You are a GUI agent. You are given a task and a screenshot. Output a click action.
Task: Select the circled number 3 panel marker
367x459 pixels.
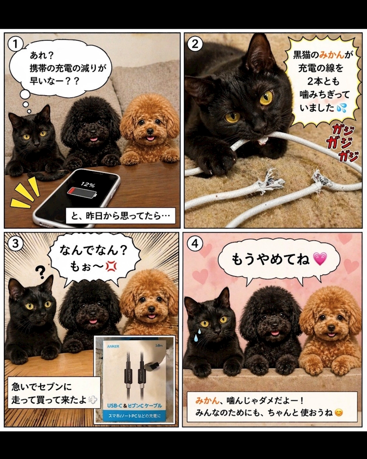[15, 243]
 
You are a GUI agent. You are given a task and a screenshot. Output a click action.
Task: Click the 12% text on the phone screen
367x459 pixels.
[87, 184]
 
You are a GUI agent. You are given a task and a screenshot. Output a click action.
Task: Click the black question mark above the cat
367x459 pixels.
[40, 272]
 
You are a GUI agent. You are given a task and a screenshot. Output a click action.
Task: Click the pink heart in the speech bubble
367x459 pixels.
[319, 259]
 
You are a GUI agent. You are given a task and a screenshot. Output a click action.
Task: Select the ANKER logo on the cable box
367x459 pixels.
[113, 346]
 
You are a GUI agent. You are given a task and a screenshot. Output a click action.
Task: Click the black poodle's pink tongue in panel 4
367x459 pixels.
[275, 333]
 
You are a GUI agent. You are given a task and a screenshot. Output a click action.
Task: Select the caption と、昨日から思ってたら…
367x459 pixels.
[120, 216]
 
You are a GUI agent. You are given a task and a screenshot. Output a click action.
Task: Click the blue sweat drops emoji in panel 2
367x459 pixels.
[341, 108]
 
